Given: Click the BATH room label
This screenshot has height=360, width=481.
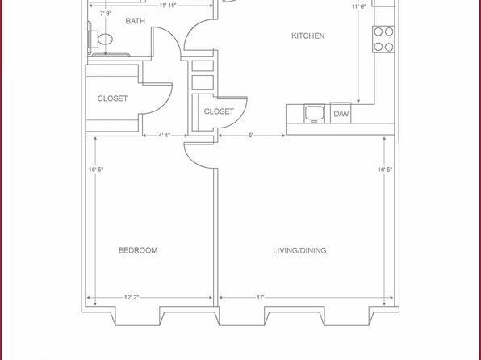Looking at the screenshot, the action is (x=135, y=21).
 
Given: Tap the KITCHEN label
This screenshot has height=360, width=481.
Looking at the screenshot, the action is (x=307, y=36).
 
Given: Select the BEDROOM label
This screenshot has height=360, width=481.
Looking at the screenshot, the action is (x=138, y=250).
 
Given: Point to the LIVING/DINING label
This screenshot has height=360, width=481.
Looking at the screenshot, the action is (x=299, y=251).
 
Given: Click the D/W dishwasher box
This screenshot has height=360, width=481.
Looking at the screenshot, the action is (x=341, y=113).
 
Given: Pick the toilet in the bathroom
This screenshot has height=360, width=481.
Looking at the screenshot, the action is (x=100, y=40).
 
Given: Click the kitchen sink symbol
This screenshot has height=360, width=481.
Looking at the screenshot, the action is (x=314, y=113).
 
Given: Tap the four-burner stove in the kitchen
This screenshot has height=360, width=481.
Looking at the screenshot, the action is (x=383, y=40).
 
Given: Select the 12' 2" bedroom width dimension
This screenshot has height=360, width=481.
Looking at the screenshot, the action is (x=132, y=297).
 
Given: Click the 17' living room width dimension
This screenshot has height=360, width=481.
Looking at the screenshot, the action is (x=261, y=297).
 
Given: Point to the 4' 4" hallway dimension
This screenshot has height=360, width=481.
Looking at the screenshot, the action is (x=164, y=136).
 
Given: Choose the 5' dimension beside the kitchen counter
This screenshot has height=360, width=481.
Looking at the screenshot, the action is (x=251, y=136).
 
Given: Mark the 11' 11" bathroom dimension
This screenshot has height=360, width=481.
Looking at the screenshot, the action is (x=168, y=6).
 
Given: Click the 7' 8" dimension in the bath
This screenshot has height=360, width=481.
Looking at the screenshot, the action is (x=106, y=14).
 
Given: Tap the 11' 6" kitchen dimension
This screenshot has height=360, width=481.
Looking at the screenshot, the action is (x=359, y=6).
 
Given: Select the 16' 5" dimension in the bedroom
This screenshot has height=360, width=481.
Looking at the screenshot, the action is (x=96, y=170).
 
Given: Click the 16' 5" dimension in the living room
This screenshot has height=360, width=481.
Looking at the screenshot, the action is (x=385, y=170).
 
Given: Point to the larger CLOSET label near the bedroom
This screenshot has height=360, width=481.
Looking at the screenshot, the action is (x=112, y=98).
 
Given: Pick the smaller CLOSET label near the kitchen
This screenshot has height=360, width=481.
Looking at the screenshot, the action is (x=219, y=111).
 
